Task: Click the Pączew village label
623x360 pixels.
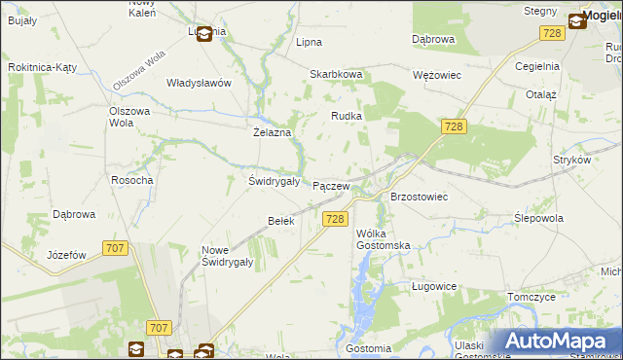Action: tap(330, 185)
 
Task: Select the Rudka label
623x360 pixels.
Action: tap(347, 116)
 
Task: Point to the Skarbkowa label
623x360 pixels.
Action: tap(336, 74)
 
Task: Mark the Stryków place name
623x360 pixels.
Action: tap(571, 159)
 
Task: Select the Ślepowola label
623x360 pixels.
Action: tap(538, 218)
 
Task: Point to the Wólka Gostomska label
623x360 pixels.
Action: tap(383, 239)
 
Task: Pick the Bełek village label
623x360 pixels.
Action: tap(280, 221)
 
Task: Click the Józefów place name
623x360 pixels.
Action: tap(67, 255)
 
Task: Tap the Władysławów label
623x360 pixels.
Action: tap(199, 83)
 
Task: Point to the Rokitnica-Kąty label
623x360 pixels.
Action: tap(42, 67)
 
